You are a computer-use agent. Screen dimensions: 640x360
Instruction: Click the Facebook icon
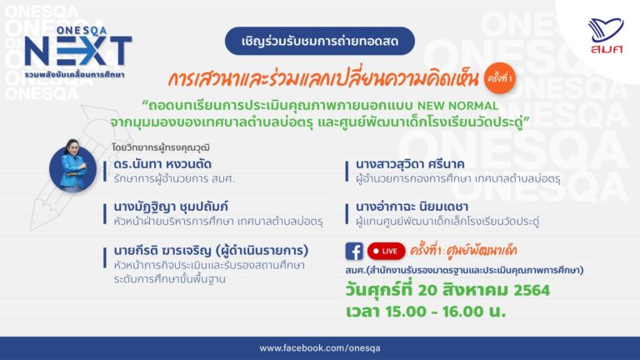(354, 251)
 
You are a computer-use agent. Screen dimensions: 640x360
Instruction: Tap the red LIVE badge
(386, 251)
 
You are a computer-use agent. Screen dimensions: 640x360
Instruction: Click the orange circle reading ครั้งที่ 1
(500, 78)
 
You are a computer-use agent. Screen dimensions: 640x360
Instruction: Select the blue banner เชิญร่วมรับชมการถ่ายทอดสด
(320, 41)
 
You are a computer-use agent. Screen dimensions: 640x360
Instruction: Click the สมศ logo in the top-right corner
(606, 36)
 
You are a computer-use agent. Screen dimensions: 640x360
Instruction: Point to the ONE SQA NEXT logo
(78, 52)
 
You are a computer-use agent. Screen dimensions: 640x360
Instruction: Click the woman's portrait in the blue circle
(72, 167)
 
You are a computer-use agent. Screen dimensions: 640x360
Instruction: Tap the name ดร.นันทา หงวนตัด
(162, 164)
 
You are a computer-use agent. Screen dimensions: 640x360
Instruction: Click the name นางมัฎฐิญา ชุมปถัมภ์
(171, 207)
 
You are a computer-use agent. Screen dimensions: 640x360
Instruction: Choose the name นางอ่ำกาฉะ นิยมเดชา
(412, 207)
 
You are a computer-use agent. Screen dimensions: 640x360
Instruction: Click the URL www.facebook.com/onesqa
(320, 348)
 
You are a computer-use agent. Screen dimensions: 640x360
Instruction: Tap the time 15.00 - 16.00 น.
(446, 312)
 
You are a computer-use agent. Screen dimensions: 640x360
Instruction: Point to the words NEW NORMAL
(457, 106)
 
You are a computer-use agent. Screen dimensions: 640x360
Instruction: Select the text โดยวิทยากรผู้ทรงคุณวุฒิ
(161, 147)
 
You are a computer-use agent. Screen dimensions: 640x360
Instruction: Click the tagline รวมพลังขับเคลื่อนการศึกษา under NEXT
(74, 75)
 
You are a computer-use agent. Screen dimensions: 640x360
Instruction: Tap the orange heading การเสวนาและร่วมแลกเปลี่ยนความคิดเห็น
(322, 78)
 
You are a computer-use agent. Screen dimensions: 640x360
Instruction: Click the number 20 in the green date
(427, 290)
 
